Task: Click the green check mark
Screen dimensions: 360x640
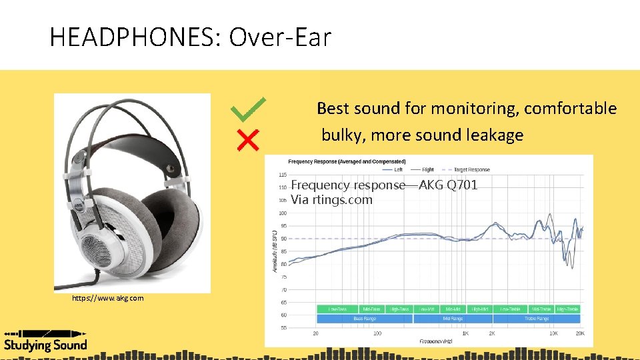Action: pyautogui.click(x=247, y=109)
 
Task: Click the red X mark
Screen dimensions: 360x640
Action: pyautogui.click(x=248, y=140)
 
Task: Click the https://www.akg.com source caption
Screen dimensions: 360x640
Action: pyautogui.click(x=107, y=298)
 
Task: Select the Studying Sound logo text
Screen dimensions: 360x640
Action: pyautogui.click(x=45, y=345)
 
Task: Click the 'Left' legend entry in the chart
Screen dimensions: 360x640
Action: pyautogui.click(x=398, y=169)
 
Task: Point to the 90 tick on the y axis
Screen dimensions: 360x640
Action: pyautogui.click(x=283, y=239)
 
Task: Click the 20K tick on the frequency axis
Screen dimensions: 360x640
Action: pyautogui.click(x=580, y=333)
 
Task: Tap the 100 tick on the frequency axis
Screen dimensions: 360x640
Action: pyautogui.click(x=377, y=333)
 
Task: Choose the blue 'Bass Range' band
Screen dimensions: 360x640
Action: pyautogui.click(x=364, y=319)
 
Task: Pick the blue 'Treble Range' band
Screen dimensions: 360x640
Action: pyautogui.click(x=536, y=319)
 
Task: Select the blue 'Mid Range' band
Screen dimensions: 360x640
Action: pyautogui.click(x=453, y=319)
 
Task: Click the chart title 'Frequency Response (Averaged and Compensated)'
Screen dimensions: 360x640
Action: pyautogui.click(x=347, y=161)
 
